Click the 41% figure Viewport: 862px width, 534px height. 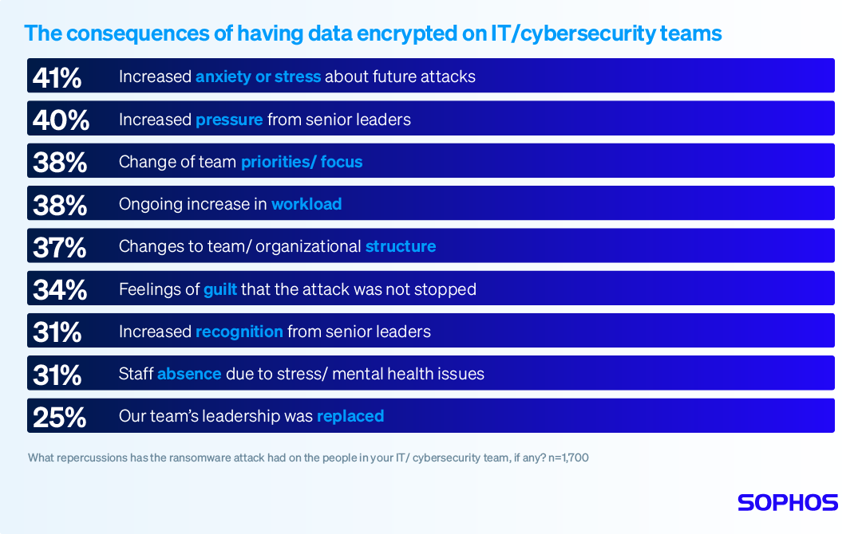[57, 77]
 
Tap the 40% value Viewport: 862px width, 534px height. [59, 120]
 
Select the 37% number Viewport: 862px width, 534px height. [59, 247]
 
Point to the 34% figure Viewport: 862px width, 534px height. [59, 289]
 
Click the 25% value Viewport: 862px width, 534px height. [59, 417]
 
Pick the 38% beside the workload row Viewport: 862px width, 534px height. [59, 204]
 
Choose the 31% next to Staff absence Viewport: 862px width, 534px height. [57, 375]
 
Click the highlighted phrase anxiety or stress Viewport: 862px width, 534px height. [258, 77]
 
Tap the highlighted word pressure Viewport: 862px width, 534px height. [229, 120]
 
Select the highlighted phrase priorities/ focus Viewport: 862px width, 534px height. [302, 162]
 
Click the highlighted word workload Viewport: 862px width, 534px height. [306, 204]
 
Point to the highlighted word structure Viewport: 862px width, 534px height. [401, 246]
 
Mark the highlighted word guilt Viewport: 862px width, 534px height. [220, 289]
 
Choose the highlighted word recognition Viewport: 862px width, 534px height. [239, 332]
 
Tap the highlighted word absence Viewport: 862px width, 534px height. [189, 374]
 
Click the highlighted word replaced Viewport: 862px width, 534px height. [350, 416]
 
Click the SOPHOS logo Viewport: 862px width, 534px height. [787, 502]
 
